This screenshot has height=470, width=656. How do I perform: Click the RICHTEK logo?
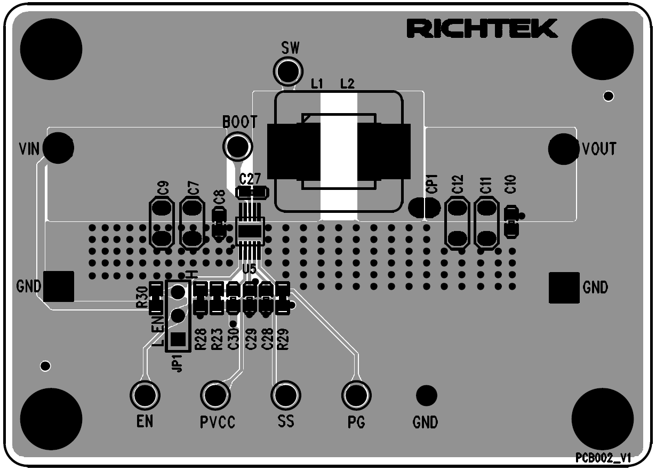482,29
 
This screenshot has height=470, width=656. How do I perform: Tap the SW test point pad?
288,70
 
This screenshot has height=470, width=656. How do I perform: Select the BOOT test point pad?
238,146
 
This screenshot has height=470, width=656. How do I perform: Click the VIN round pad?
58,148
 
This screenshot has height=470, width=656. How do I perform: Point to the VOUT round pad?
564,149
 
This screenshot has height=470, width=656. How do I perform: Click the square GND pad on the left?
58,286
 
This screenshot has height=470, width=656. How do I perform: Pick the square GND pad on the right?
564,288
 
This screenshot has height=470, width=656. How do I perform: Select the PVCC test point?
215,395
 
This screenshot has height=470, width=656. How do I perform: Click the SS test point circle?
286,395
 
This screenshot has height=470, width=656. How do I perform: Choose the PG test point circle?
356,395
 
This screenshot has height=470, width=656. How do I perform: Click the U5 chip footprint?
250,232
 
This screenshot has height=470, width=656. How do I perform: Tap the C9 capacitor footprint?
162,223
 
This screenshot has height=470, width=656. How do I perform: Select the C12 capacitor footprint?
457,223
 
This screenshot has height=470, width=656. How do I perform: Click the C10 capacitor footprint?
511,221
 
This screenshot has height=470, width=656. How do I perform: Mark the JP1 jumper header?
178,316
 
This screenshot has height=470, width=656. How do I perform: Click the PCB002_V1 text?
603,458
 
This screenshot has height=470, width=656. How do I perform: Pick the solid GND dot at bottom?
426,395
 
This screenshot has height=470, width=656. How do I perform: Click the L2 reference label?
347,83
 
